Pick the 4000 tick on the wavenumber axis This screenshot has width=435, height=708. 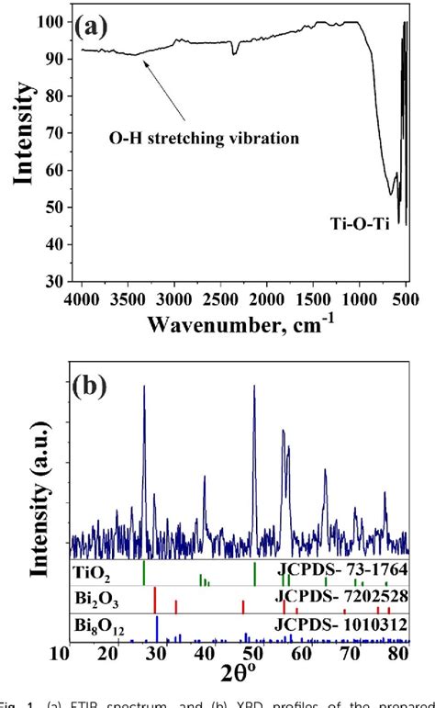82,298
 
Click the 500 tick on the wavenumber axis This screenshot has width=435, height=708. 405,298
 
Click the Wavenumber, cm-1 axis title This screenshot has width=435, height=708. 243,323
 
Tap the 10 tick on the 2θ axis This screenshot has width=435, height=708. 61,653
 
